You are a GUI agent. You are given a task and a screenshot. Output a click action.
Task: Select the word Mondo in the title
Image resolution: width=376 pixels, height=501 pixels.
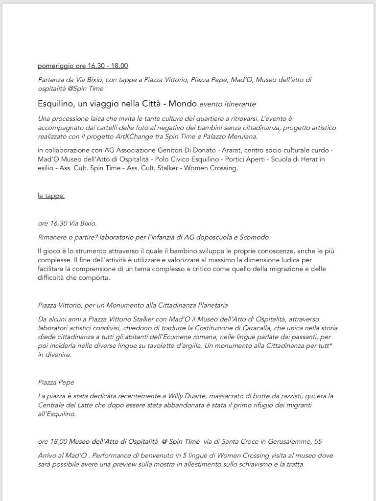click(x=183, y=104)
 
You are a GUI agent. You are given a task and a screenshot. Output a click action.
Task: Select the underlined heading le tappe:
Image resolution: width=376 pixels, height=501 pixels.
click(x=51, y=196)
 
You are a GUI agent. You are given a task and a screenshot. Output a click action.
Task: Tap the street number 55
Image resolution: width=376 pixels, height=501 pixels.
click(x=318, y=441)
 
